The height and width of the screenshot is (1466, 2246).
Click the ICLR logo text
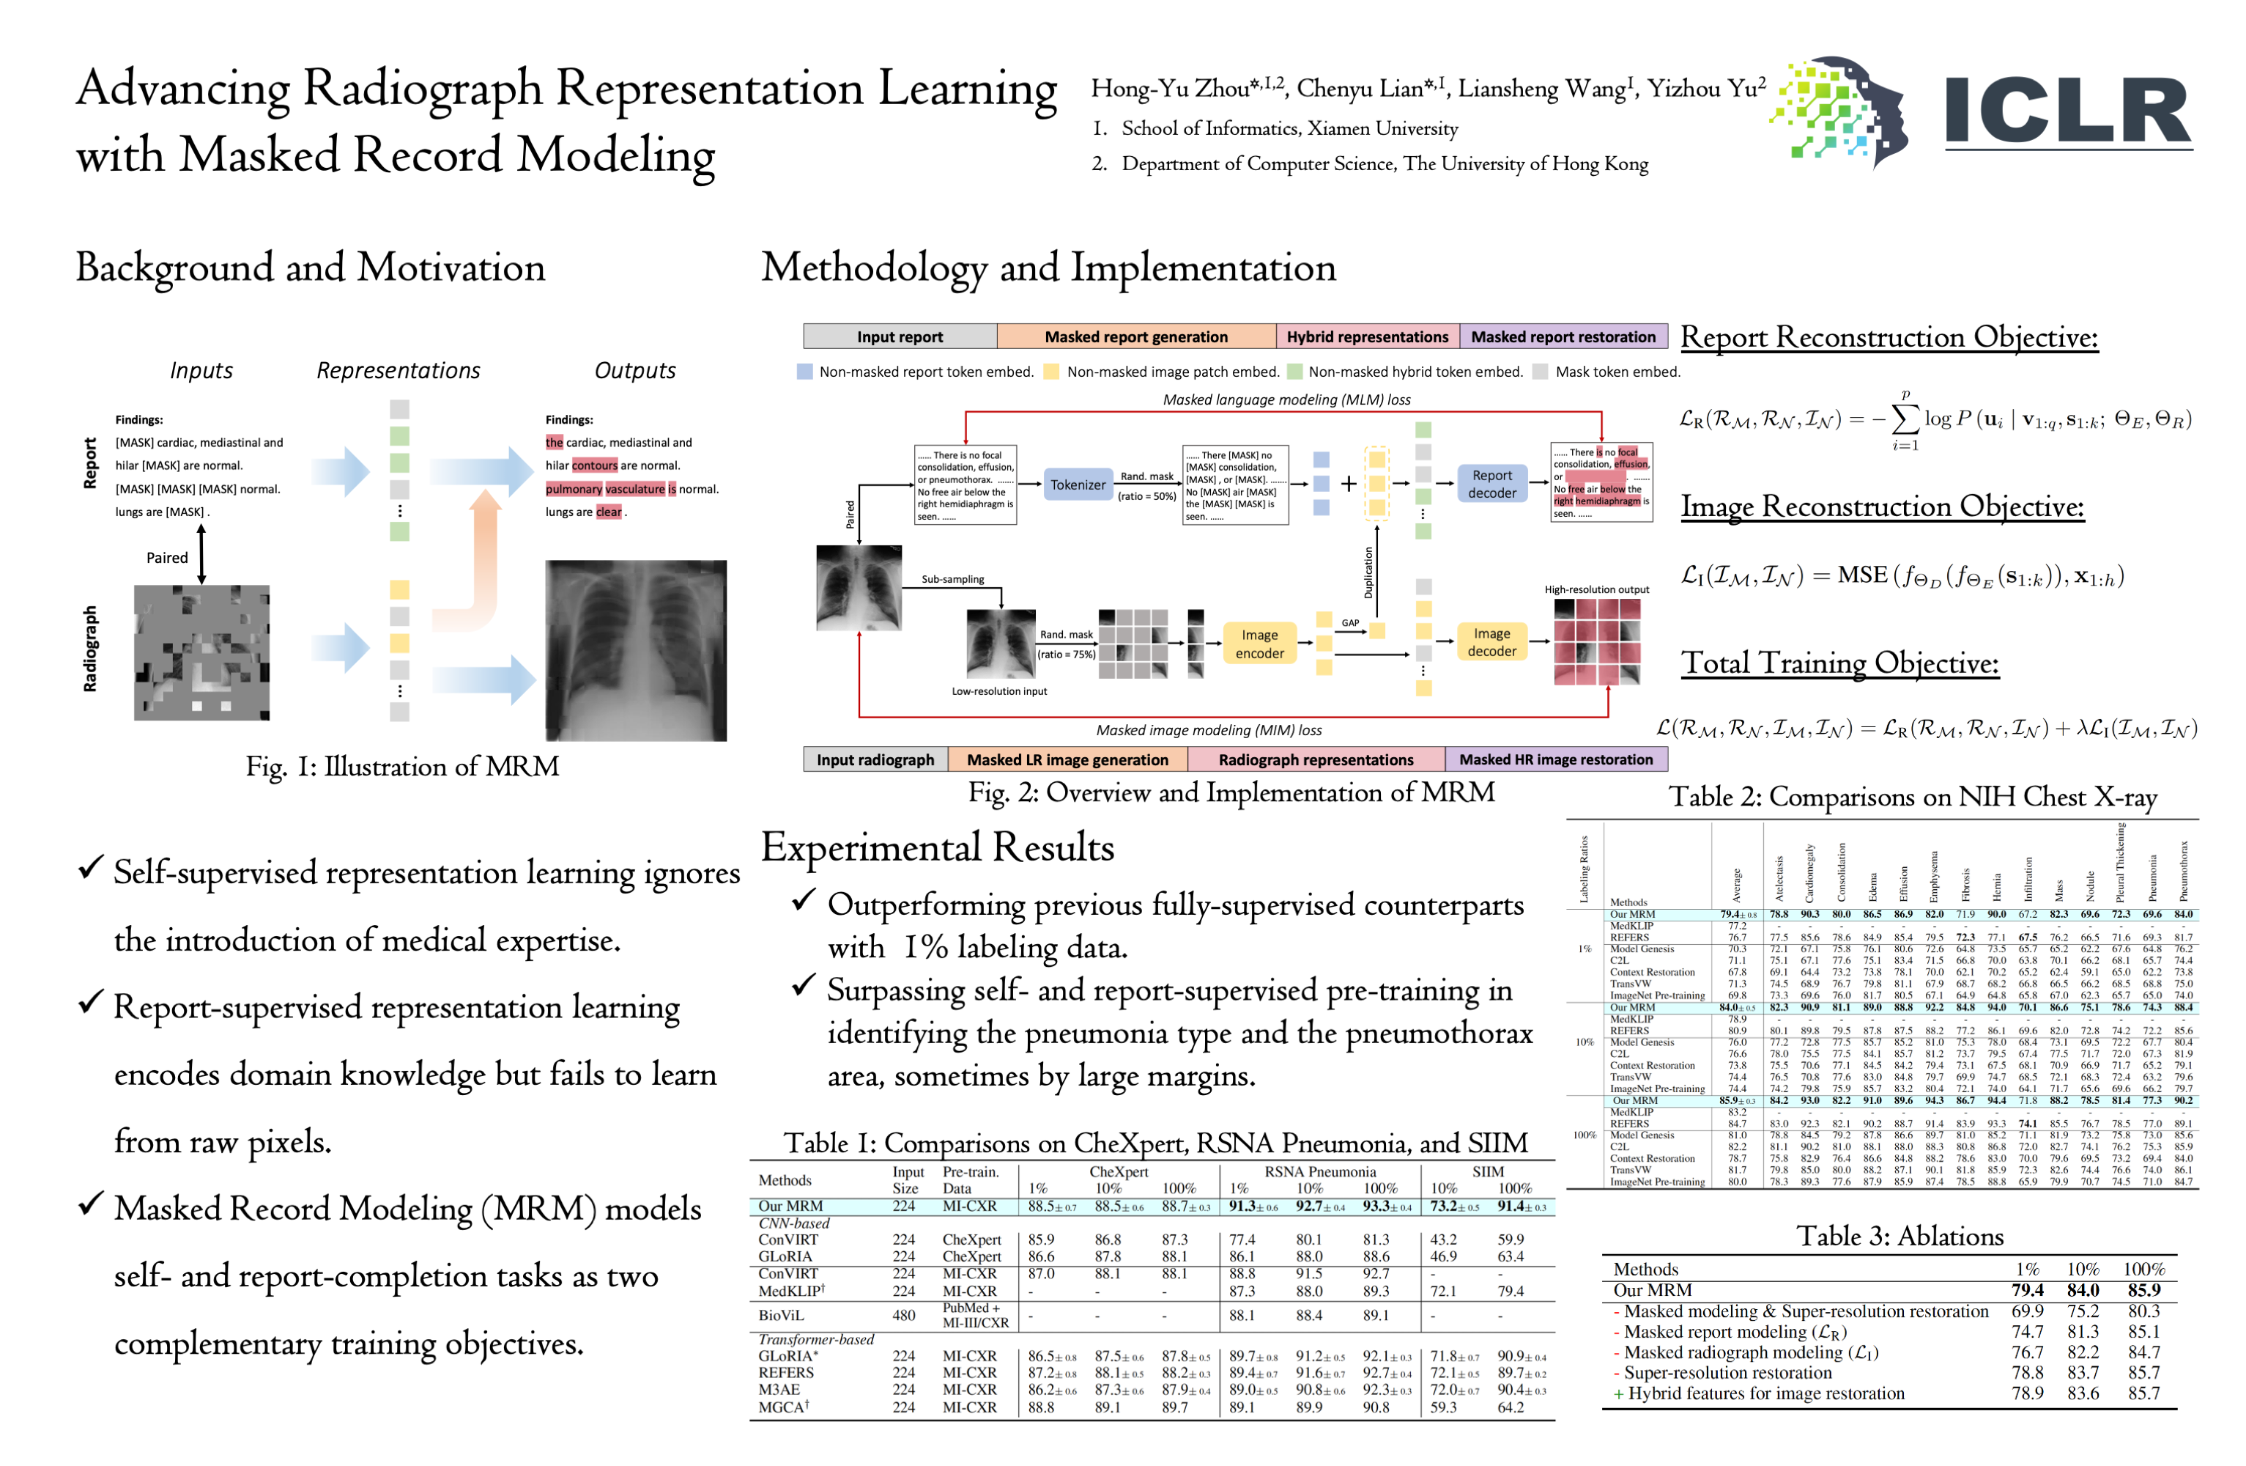pos(2067,111)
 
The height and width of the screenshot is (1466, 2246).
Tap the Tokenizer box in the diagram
pos(1078,485)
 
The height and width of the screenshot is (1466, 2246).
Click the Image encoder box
pos(1259,644)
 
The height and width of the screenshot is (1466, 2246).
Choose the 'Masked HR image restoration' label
pos(1555,759)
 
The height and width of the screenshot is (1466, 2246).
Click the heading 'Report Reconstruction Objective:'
pos(1889,337)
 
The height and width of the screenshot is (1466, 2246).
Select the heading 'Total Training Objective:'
pos(1839,663)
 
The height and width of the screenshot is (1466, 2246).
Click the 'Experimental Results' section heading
pos(937,847)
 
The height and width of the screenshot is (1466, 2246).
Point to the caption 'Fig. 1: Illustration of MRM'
pos(402,767)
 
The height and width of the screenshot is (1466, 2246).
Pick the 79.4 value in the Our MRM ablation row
pos(2026,1289)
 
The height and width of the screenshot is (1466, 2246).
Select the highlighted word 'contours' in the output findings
pos(595,465)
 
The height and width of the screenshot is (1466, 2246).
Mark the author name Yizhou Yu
pos(1705,89)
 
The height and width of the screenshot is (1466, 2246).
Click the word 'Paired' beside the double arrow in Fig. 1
pos(167,558)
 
